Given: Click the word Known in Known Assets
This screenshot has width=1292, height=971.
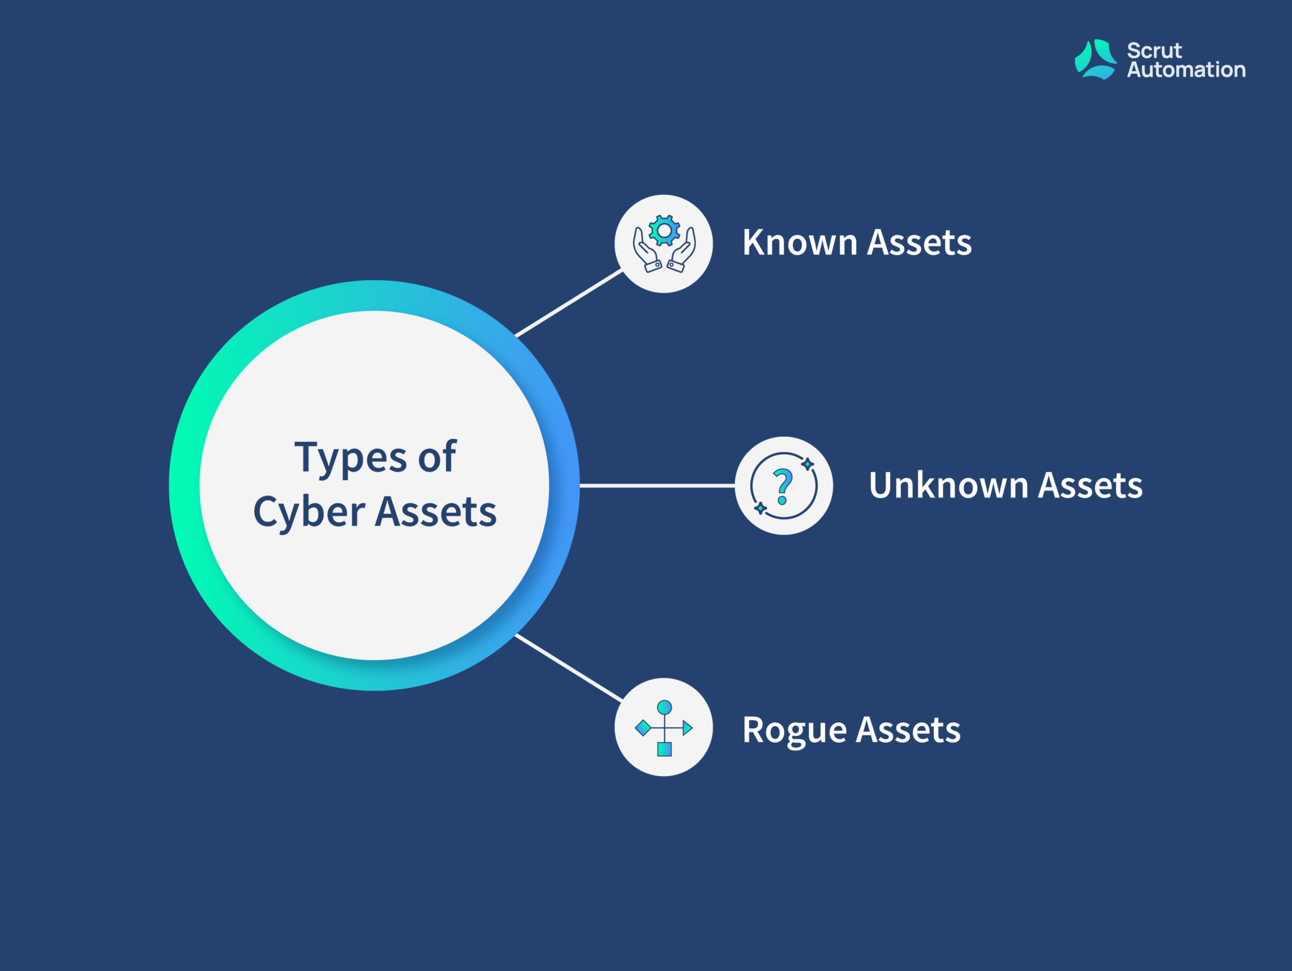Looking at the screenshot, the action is coord(799,242).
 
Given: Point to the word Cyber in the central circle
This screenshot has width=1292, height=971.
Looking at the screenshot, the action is coord(309,512).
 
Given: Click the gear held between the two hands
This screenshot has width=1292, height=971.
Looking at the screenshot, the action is coord(664,231).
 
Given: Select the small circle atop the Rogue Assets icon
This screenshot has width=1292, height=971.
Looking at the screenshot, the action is coord(664,707).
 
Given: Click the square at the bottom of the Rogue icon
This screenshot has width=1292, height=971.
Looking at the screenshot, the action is coord(664,749).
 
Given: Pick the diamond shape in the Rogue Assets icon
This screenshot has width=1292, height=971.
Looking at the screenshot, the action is coord(643,728).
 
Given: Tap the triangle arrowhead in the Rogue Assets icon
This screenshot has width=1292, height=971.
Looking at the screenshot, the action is coord(688,728).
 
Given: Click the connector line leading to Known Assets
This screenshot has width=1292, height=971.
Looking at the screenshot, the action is coord(569,303).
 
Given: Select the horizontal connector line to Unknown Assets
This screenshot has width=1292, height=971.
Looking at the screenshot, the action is coord(657,485).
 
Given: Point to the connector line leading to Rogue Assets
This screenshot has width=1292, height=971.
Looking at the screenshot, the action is coord(569,668).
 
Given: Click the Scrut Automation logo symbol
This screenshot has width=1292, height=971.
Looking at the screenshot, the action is coord(1096,59).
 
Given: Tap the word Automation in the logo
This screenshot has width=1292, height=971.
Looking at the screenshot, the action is coord(1186,69).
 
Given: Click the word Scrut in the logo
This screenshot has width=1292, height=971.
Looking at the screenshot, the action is coord(1154,50).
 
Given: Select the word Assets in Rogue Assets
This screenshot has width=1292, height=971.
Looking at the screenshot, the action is coord(908,730).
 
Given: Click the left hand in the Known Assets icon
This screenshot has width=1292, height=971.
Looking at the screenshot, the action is coord(647,250).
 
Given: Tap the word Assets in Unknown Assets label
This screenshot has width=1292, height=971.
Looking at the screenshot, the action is coord(1090,485).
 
